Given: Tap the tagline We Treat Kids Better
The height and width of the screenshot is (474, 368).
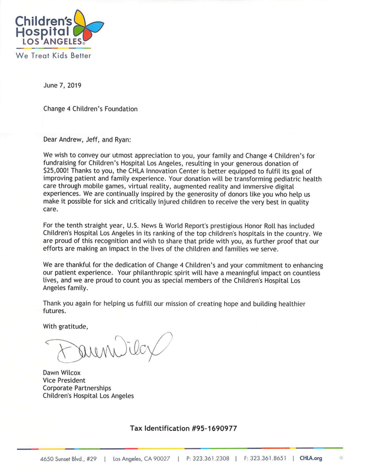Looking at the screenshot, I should tap(53, 56).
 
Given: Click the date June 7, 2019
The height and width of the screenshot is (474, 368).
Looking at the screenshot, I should tap(62, 85).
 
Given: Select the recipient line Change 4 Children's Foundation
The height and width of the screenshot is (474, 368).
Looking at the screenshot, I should tap(90, 109).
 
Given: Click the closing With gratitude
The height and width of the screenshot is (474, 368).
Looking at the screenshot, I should tap(65, 327).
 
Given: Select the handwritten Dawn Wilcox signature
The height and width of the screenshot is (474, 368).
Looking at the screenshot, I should tap(109, 348).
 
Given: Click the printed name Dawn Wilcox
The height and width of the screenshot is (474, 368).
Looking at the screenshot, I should tap(62, 373).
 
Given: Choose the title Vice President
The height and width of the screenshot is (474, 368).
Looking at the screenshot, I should tap(64, 381).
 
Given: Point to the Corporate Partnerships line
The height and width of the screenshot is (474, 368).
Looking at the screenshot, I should tap(77, 388).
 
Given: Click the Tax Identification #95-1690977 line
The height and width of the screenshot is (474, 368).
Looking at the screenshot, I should tap(183, 428).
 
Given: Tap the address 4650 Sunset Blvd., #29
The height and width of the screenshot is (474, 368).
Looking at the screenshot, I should tap(68, 459).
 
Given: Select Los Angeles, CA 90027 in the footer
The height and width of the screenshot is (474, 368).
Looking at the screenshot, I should tap(141, 459).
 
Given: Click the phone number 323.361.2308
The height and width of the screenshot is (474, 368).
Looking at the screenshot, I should tap(211, 458).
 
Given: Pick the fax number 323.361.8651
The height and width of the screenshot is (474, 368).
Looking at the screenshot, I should tap(268, 458).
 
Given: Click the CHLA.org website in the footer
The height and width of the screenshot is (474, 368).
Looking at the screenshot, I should tap(311, 458).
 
